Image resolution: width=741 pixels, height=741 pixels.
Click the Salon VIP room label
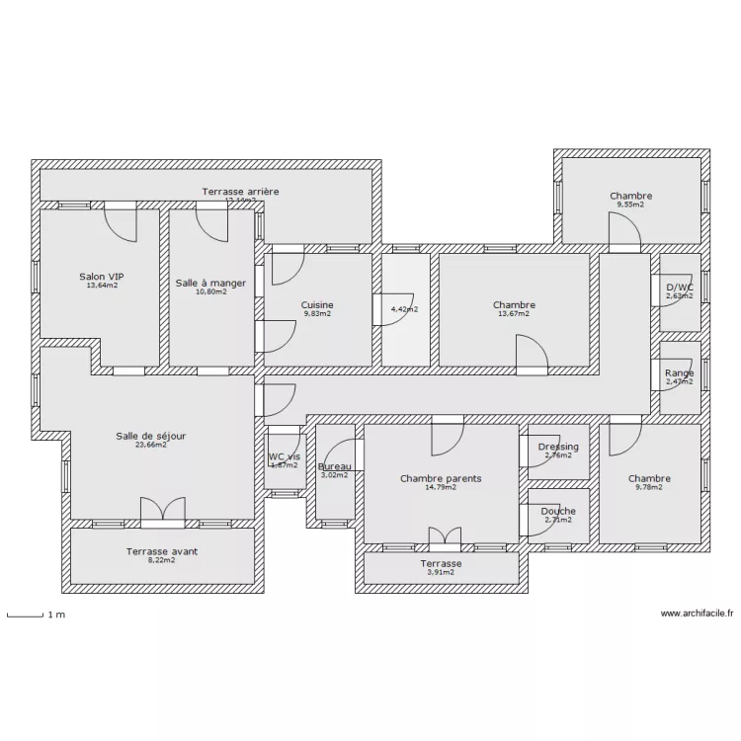coord(102,277)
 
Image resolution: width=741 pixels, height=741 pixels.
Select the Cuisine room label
coord(317,305)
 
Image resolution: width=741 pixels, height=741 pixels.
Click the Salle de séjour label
coord(150,435)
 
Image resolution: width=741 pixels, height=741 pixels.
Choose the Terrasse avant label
coord(160,551)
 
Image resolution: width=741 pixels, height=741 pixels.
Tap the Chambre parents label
coord(441,478)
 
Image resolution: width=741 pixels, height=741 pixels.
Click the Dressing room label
coord(558,447)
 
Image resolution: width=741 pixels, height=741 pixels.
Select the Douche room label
coord(558,511)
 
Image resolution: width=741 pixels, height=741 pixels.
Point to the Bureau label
coord(335,466)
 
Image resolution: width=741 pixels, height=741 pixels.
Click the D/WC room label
coord(680,287)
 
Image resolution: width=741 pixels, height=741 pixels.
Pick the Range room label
coord(680,372)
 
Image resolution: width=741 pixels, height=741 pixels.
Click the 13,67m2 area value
coord(514,314)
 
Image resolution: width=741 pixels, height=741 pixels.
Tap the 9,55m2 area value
coord(630,205)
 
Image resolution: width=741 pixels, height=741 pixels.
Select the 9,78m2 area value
coord(649,487)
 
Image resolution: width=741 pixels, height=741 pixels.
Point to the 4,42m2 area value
coord(404,309)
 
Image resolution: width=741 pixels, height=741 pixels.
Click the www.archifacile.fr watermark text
coord(697,613)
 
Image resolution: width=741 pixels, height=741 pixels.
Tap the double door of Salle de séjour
coord(162,510)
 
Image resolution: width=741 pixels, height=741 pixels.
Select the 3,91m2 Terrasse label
coord(441,571)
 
